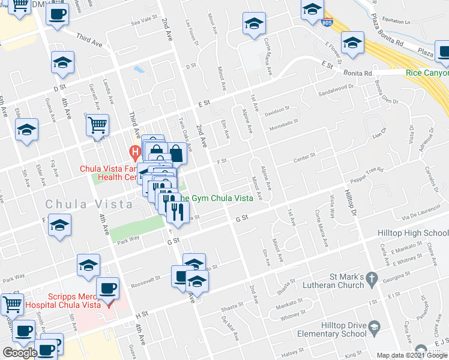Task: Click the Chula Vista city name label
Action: [89, 204]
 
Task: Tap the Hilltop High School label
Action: [412, 233]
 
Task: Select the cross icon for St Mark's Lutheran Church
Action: [372, 278]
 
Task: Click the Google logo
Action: [20, 353]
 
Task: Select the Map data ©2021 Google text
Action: [411, 355]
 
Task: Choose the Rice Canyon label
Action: [427, 73]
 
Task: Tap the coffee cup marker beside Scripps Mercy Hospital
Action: [108, 289]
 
